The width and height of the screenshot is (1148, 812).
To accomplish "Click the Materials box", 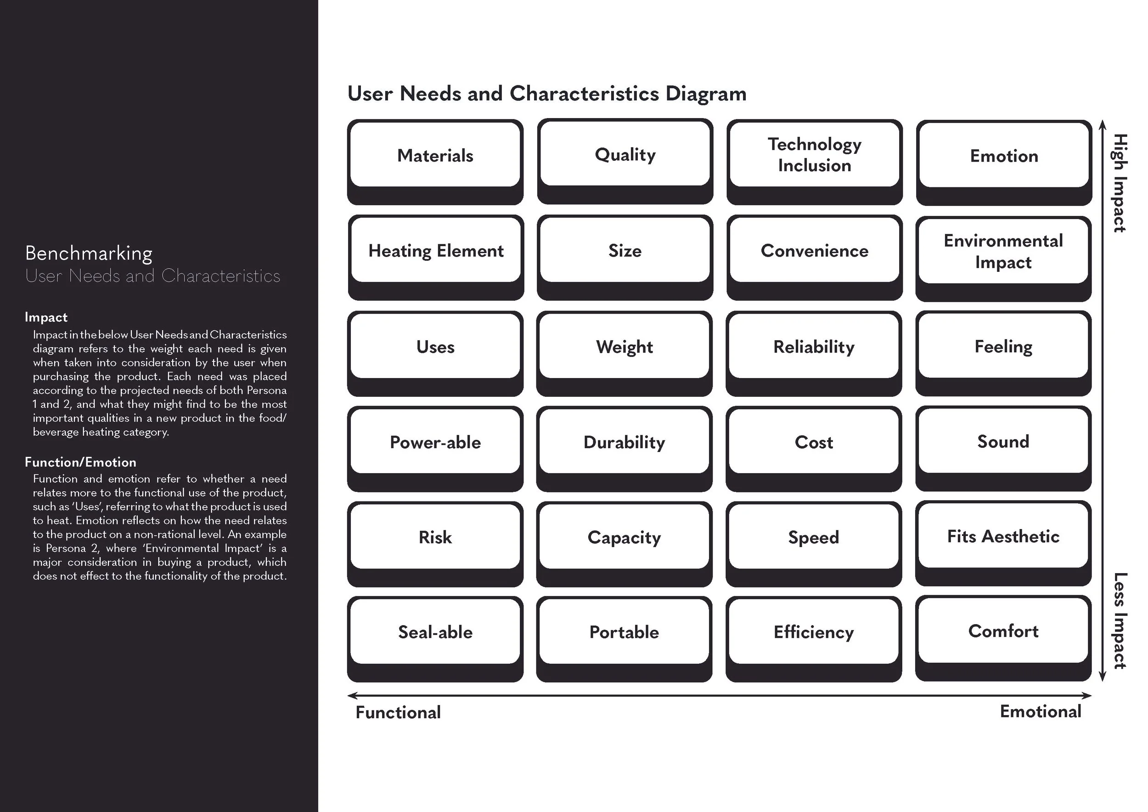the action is pyautogui.click(x=435, y=162).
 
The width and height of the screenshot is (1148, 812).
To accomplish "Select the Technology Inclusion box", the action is pyautogui.click(x=815, y=162).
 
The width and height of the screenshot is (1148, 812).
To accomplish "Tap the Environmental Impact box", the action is pyautogui.click(x=1003, y=258).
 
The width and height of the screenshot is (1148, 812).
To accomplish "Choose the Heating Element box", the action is pyautogui.click(x=435, y=257).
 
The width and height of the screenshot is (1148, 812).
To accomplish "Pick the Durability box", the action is pyautogui.click(x=625, y=449).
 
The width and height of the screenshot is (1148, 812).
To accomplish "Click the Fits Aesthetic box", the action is pyautogui.click(x=1003, y=543).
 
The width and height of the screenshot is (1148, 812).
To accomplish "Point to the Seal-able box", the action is pyautogui.click(x=435, y=639).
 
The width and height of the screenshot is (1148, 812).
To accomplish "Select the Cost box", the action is pyautogui.click(x=814, y=449).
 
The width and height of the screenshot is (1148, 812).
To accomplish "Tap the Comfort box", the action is pyautogui.click(x=1003, y=638).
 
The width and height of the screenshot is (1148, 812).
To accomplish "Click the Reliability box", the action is pyautogui.click(x=814, y=353).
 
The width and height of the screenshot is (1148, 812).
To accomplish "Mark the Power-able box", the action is pyautogui.click(x=435, y=449).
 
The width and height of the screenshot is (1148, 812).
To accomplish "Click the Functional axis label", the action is pyautogui.click(x=398, y=712).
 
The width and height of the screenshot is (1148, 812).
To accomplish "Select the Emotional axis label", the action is pyautogui.click(x=1041, y=711).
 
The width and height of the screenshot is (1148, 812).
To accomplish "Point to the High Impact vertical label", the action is pyautogui.click(x=1120, y=183).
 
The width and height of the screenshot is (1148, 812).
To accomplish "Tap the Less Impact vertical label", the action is pyautogui.click(x=1120, y=620).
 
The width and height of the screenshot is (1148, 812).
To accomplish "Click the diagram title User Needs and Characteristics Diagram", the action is pyautogui.click(x=547, y=94).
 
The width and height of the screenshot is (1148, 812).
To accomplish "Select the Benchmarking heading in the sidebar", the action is pyautogui.click(x=89, y=254).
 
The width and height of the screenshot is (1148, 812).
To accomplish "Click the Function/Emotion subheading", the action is pyautogui.click(x=80, y=462).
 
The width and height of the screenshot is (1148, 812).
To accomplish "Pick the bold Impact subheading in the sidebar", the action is pyautogui.click(x=46, y=317).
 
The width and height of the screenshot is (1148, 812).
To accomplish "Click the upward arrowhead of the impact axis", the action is pyautogui.click(x=1102, y=124).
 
